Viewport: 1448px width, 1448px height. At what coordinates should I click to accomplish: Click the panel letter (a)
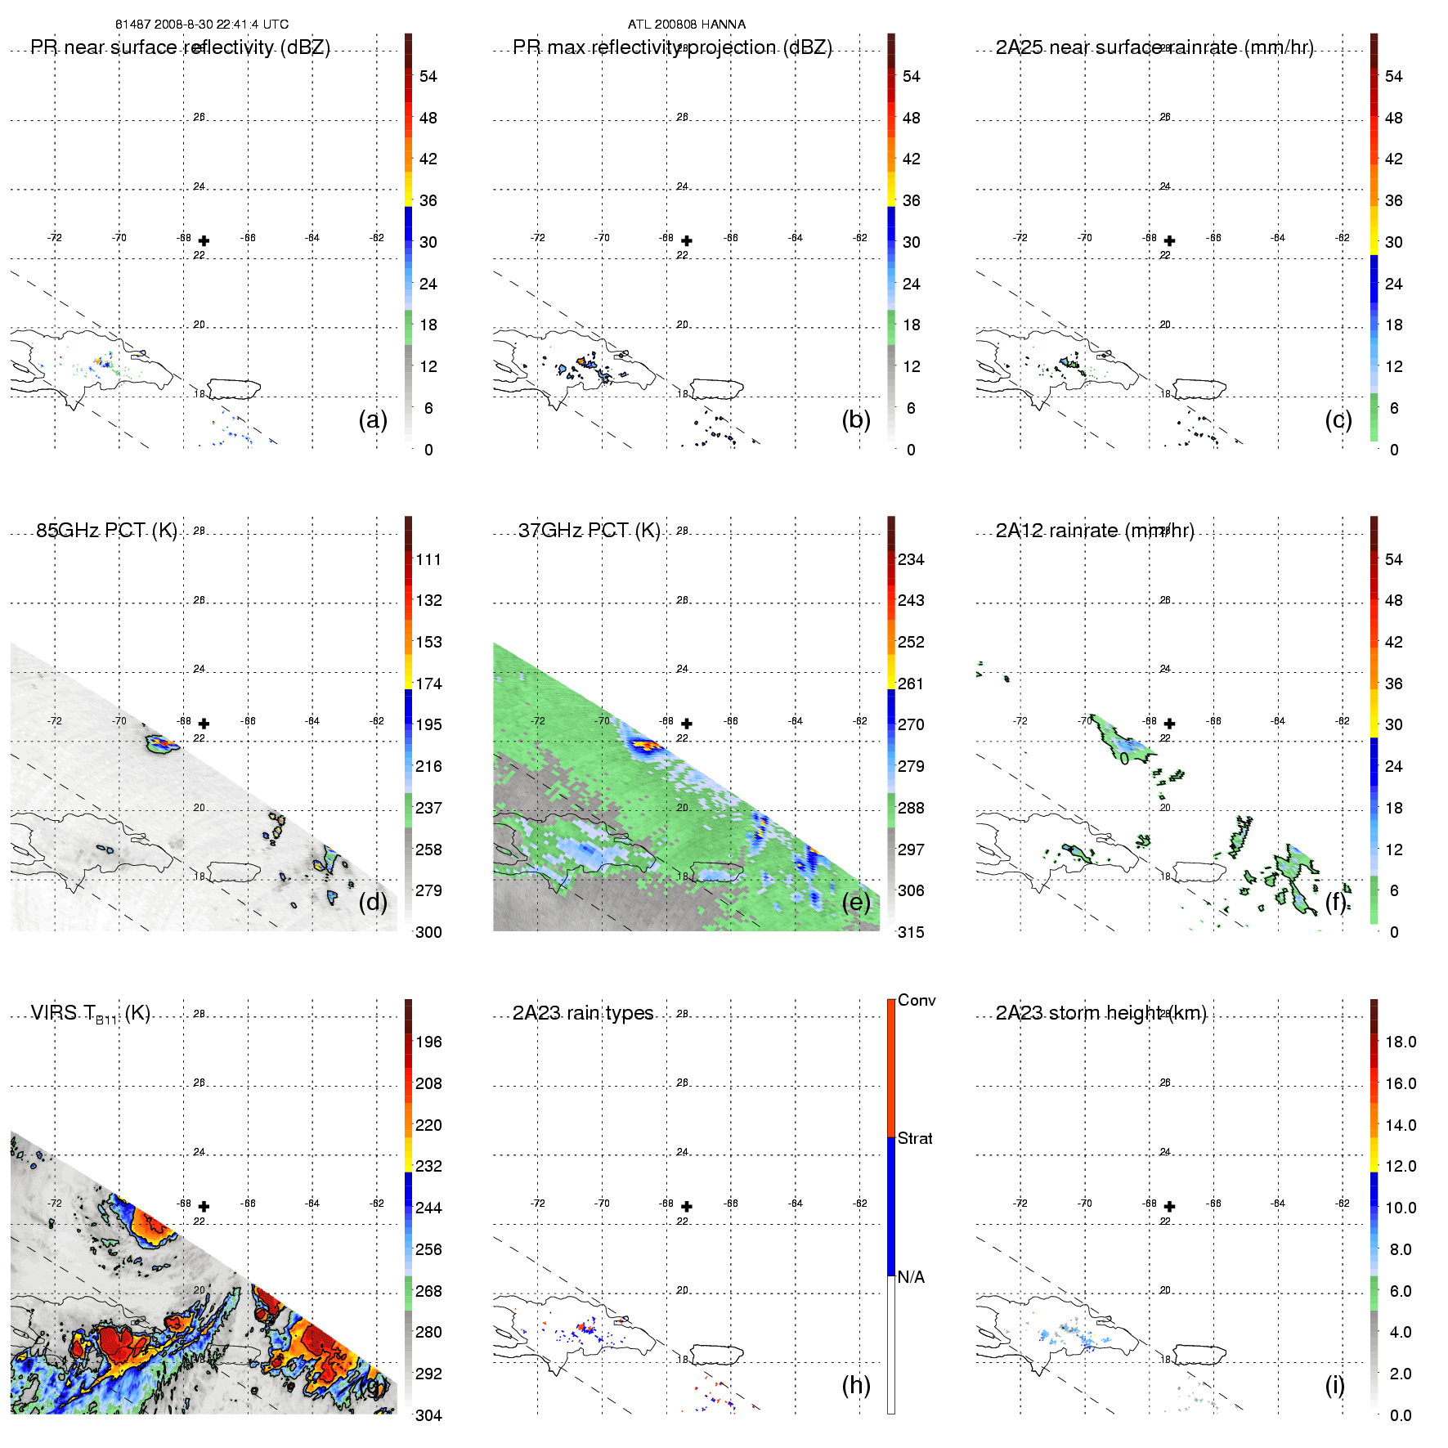point(373,420)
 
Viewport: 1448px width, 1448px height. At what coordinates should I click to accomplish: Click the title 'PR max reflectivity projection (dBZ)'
point(672,47)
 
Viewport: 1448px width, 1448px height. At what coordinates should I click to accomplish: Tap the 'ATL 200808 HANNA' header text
point(686,25)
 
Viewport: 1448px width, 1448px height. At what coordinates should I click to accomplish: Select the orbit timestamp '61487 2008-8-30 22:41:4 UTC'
point(202,25)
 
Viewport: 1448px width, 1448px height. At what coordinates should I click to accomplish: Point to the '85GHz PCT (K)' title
point(106,531)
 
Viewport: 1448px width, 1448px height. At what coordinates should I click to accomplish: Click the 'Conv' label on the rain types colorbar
point(917,1000)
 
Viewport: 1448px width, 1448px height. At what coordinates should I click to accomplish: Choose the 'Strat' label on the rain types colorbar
point(915,1138)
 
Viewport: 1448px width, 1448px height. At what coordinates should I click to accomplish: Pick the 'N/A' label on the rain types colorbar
point(911,1277)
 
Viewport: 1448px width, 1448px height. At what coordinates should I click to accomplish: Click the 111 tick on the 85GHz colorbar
point(428,559)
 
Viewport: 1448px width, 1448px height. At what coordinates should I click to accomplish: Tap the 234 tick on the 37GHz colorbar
point(911,559)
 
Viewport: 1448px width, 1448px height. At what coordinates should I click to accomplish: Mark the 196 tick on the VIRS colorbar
point(428,1042)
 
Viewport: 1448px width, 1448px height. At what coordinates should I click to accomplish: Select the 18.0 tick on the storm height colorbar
point(1401,1042)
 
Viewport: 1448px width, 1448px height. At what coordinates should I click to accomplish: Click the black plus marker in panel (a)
point(204,240)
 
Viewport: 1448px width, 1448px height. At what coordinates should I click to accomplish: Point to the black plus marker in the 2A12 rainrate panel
point(1169,724)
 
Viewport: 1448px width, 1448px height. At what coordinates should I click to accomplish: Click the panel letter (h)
point(856,1385)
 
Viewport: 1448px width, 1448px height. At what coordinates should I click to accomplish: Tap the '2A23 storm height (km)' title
point(1101,1013)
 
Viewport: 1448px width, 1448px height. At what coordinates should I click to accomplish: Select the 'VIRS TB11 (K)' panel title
point(90,1014)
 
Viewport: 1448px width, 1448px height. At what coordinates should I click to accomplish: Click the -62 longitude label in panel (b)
point(860,238)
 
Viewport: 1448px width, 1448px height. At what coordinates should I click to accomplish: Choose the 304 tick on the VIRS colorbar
point(428,1415)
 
